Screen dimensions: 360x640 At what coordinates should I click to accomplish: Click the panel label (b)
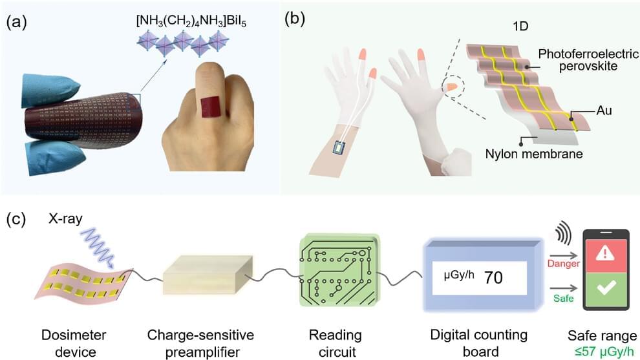point(297,19)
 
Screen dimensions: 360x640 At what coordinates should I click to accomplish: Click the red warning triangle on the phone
point(606,253)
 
